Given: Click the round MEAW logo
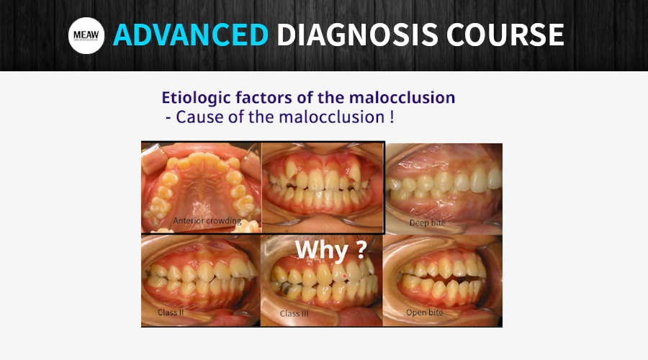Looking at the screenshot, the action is [86, 35].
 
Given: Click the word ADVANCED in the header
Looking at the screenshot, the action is [191, 35].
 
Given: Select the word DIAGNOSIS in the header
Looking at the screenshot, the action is [357, 35].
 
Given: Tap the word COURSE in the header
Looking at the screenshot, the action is [505, 35].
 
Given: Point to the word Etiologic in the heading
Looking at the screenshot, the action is [197, 98].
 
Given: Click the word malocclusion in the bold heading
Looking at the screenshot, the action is [402, 97].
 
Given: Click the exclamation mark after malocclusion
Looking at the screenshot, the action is [392, 117].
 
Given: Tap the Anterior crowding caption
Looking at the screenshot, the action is [207, 221].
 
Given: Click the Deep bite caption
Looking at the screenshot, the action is [427, 222].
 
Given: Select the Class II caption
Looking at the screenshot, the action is [171, 312].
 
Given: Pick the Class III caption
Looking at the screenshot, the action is [294, 314].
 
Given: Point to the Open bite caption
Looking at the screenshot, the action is [424, 312].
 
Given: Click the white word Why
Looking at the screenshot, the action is [322, 250].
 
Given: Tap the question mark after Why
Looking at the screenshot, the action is [361, 249].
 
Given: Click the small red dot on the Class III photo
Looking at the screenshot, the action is [345, 276].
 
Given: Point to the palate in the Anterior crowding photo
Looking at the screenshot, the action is [202, 194].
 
